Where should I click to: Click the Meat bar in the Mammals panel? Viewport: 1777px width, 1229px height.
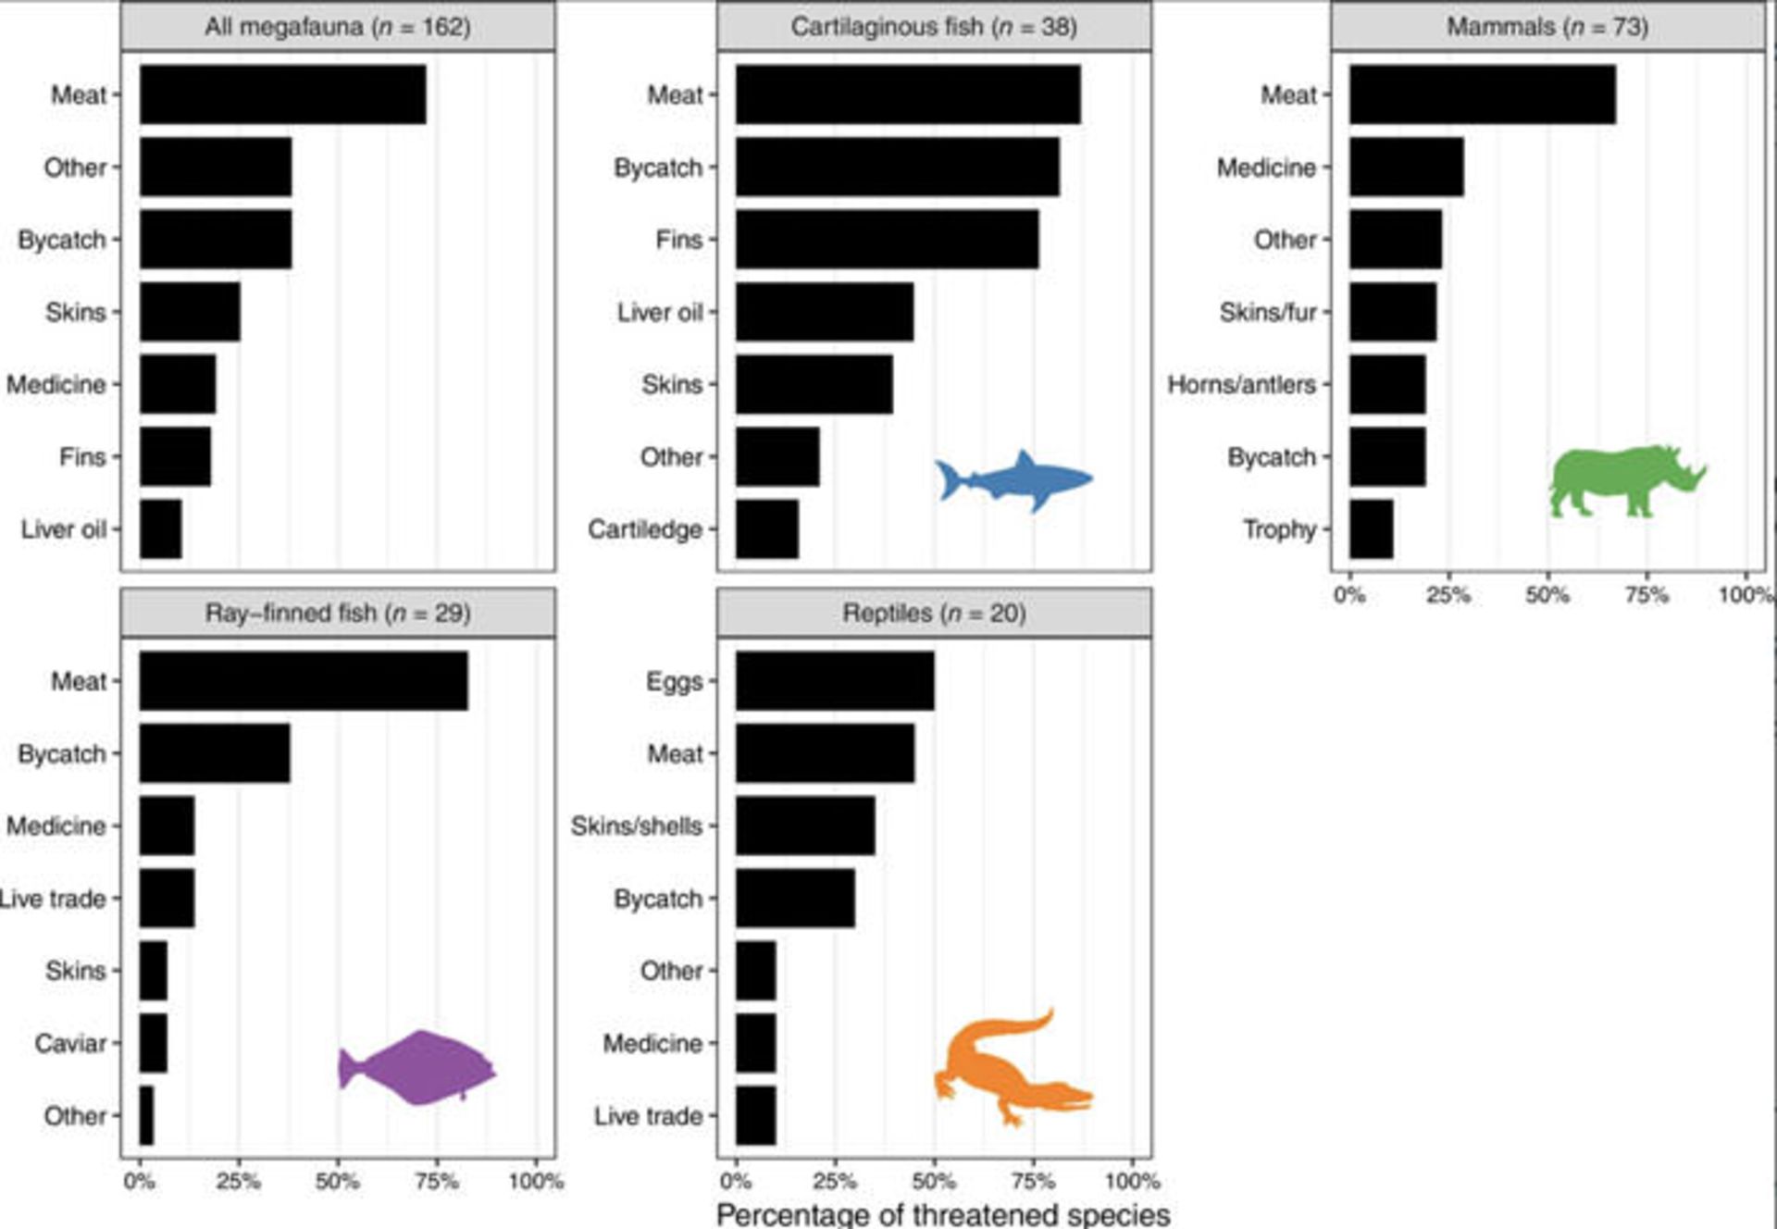point(1482,94)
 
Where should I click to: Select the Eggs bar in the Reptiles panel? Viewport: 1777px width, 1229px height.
point(835,681)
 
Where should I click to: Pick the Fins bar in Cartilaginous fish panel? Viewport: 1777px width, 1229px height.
point(887,240)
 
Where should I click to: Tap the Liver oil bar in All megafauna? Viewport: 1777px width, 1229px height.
point(160,529)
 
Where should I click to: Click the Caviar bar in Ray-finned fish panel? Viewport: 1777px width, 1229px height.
point(154,1043)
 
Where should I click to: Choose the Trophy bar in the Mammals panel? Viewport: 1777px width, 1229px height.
point(1371,529)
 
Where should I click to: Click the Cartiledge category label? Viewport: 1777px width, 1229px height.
point(645,529)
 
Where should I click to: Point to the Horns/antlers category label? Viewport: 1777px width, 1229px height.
point(1241,384)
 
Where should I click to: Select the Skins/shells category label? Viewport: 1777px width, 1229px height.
point(637,826)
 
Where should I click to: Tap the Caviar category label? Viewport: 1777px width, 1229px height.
point(70,1043)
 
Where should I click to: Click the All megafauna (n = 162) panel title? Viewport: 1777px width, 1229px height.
point(338,27)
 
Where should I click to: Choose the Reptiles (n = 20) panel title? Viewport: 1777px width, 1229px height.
point(934,613)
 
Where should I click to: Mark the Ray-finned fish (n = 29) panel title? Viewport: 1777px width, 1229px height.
point(338,613)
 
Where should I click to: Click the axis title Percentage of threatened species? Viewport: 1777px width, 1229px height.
point(943,1214)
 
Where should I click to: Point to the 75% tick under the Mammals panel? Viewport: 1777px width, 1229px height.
point(1647,594)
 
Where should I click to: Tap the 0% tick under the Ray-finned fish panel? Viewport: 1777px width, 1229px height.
point(140,1181)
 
